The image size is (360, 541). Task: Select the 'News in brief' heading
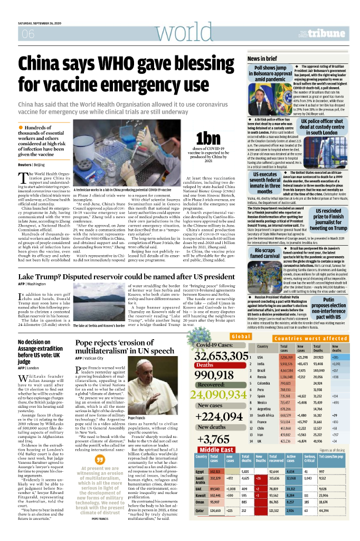pyautogui.click(x=262, y=59)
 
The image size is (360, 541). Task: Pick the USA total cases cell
pyautogui.click(x=287, y=357)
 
